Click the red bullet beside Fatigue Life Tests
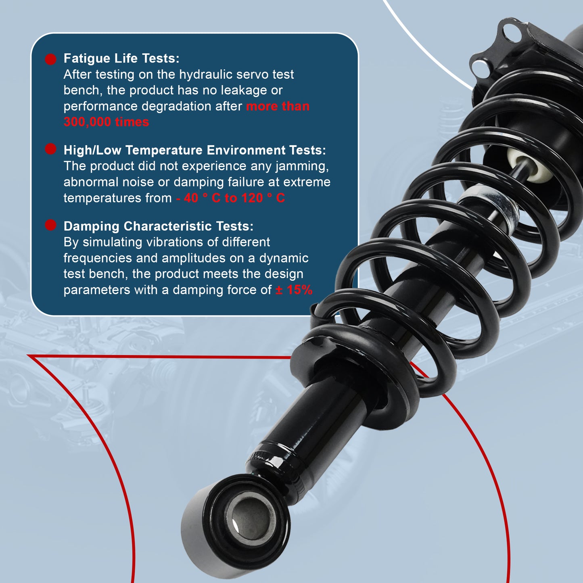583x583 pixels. click(50, 59)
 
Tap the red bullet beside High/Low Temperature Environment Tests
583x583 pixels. click(50, 149)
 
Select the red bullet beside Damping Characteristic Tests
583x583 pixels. click(50, 225)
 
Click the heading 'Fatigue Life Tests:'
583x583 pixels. click(121, 59)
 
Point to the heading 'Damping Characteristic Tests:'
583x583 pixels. click(158, 226)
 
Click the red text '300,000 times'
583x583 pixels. click(106, 122)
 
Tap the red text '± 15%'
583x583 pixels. click(294, 290)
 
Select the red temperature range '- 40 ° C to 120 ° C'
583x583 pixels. click(230, 198)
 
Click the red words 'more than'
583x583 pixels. click(278, 106)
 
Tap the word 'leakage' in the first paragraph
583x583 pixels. click(244, 90)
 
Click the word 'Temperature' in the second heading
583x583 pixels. click(164, 150)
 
